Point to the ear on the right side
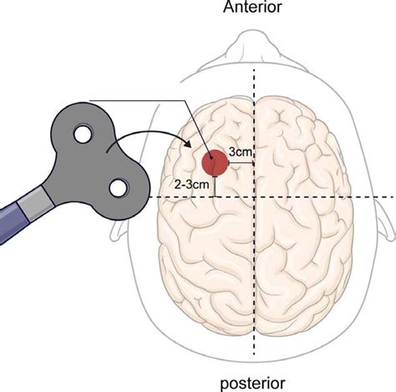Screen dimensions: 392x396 pos(386,217)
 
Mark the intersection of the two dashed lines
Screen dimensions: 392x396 pos(255,196)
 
